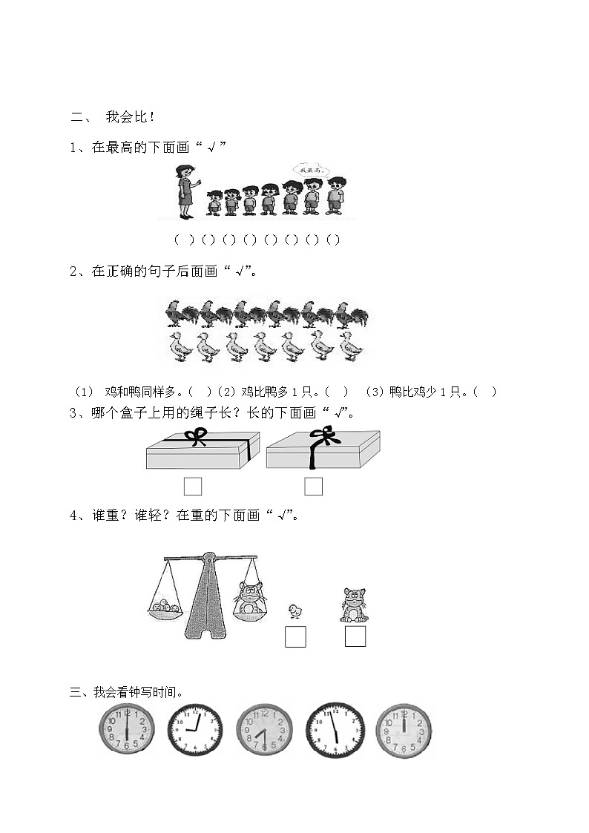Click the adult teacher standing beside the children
tap(184, 191)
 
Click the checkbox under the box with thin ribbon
tap(193, 486)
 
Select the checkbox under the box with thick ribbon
tap(314, 486)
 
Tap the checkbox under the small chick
tap(295, 636)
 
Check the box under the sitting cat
tap(355, 636)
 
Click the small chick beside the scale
tap(296, 610)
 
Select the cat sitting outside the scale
tap(354, 604)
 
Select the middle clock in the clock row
tap(265, 731)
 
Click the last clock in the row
tap(404, 731)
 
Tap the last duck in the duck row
tap(349, 346)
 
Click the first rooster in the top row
tap(179, 313)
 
